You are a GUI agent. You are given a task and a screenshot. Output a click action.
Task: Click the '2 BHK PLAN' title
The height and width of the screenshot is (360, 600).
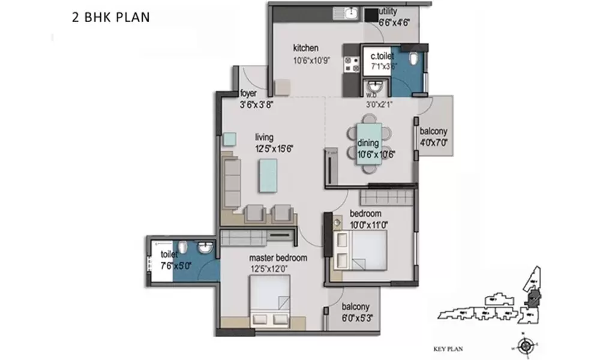click(x=110, y=17)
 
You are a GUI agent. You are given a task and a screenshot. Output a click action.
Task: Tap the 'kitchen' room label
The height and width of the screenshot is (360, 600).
click(x=305, y=48)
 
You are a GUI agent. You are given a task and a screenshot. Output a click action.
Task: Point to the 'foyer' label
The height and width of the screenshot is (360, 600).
click(x=248, y=94)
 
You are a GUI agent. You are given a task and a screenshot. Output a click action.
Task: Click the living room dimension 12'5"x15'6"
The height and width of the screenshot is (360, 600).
click(x=274, y=148)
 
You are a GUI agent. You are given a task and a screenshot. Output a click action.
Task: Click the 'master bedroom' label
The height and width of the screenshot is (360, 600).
click(x=278, y=258)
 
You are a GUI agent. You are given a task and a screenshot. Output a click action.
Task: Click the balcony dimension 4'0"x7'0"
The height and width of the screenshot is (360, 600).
click(x=434, y=143)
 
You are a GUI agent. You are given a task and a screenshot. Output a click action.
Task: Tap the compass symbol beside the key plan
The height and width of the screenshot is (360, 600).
click(x=526, y=345)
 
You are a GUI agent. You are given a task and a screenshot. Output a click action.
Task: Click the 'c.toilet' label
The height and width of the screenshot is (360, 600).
click(x=382, y=56)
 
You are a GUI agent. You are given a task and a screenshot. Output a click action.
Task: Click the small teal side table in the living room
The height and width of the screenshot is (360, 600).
click(x=230, y=139)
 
